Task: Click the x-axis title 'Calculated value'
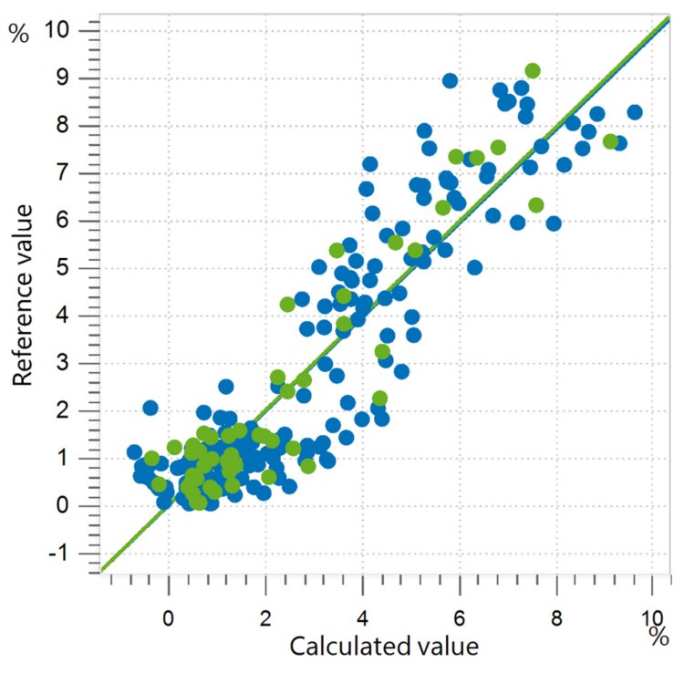pyautogui.click(x=383, y=647)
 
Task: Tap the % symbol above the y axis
pyautogui.click(x=18, y=34)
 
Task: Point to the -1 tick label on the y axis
pyautogui.click(x=68, y=554)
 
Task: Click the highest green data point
pyautogui.click(x=533, y=71)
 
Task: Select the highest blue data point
pyautogui.click(x=450, y=80)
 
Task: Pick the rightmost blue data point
pyautogui.click(x=635, y=112)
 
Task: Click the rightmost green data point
pyautogui.click(x=610, y=141)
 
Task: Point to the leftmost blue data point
pyautogui.click(x=135, y=452)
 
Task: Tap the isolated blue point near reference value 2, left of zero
pyautogui.click(x=150, y=408)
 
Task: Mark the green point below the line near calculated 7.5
pyautogui.click(x=536, y=205)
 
